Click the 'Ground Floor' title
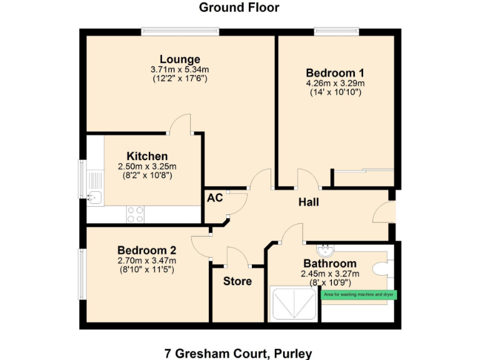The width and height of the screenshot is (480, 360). point(239,8)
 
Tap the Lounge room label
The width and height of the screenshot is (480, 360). point(179,59)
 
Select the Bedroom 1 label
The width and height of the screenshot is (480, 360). point(335,71)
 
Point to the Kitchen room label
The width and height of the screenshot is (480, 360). point(147,156)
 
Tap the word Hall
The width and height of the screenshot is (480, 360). point(309,202)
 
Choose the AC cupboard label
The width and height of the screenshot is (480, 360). point(215,198)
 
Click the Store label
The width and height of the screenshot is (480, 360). point(237,281)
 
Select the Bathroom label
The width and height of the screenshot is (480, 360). point(330,264)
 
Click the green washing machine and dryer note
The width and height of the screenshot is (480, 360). point(359,294)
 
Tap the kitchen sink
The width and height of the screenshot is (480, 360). point(94,197)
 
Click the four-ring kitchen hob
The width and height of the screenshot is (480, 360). point(135,214)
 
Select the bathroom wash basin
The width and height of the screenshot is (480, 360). point(325,251)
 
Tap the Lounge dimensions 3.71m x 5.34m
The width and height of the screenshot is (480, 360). point(179,69)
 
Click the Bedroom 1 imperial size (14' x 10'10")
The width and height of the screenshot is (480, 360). point(335,92)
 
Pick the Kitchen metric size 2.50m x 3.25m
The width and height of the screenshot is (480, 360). point(147,166)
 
